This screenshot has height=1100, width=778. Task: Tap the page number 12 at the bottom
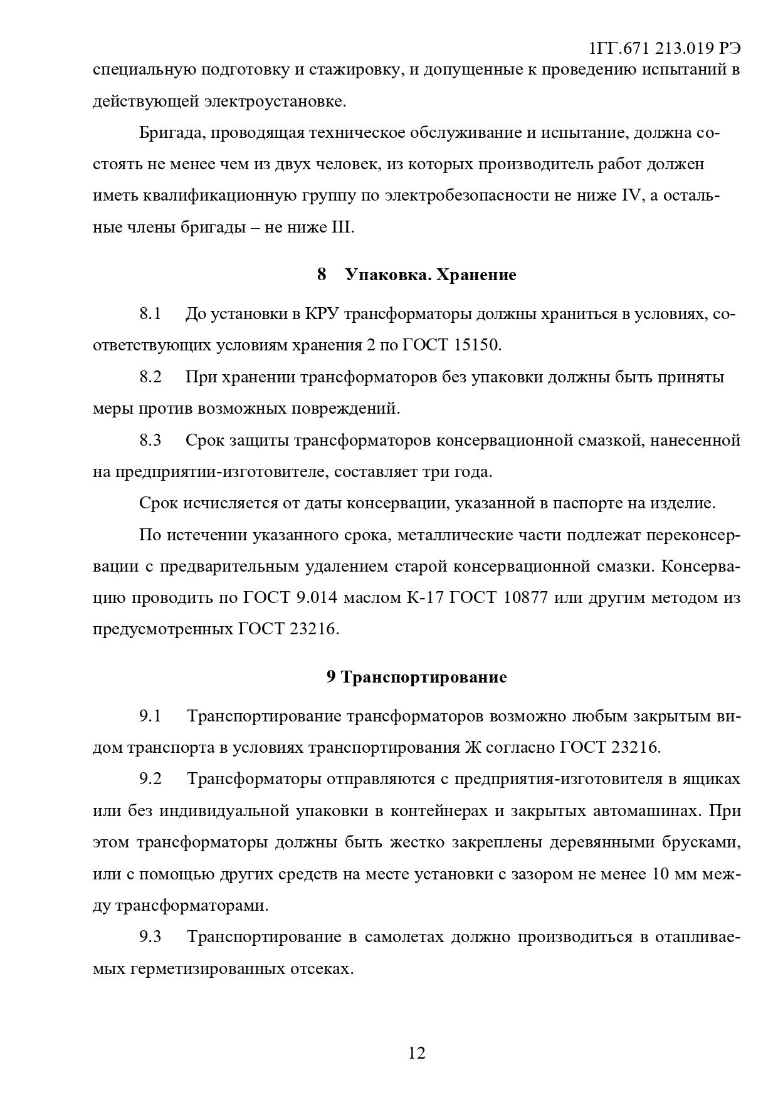417,1053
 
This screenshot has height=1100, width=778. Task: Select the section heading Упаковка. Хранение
430,275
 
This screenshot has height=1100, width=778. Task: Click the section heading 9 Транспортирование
416,678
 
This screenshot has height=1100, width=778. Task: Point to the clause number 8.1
150,314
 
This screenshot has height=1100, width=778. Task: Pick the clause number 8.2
150,377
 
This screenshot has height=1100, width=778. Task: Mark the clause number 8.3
150,440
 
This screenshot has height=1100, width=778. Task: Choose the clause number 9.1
150,716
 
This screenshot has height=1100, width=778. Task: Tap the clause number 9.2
150,779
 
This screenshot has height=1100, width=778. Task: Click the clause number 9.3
150,937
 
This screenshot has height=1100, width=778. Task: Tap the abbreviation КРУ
322,314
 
